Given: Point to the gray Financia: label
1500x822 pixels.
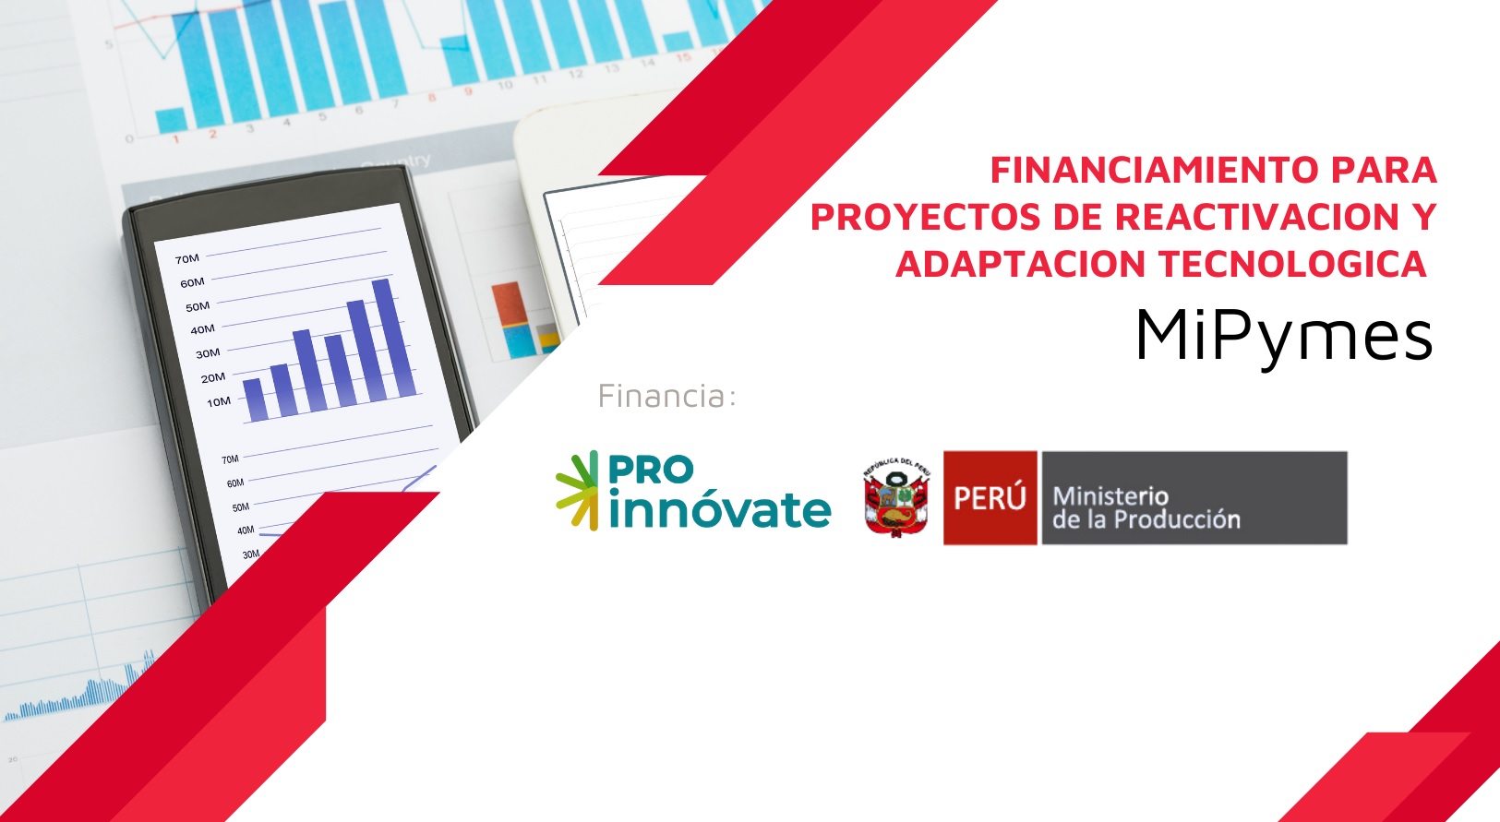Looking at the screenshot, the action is [x=667, y=396].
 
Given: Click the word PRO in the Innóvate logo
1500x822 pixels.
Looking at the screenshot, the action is [x=651, y=470].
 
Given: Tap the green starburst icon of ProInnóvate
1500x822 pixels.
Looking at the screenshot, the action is [x=577, y=491].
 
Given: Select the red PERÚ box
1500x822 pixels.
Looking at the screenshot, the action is [x=990, y=497].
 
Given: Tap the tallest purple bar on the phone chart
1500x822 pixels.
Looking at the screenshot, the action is [x=394, y=338].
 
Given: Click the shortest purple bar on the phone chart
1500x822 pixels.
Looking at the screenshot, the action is [x=255, y=399].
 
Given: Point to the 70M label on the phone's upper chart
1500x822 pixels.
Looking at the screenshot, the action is [x=186, y=259].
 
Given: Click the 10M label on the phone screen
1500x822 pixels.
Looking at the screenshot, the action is [x=218, y=402].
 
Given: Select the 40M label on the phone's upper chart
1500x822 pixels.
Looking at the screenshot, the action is [x=202, y=330].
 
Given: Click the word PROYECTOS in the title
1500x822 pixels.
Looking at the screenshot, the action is [x=926, y=217].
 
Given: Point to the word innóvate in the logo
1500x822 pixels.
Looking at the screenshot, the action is [x=721, y=510].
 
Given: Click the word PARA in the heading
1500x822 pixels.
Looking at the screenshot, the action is [x=1384, y=170].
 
